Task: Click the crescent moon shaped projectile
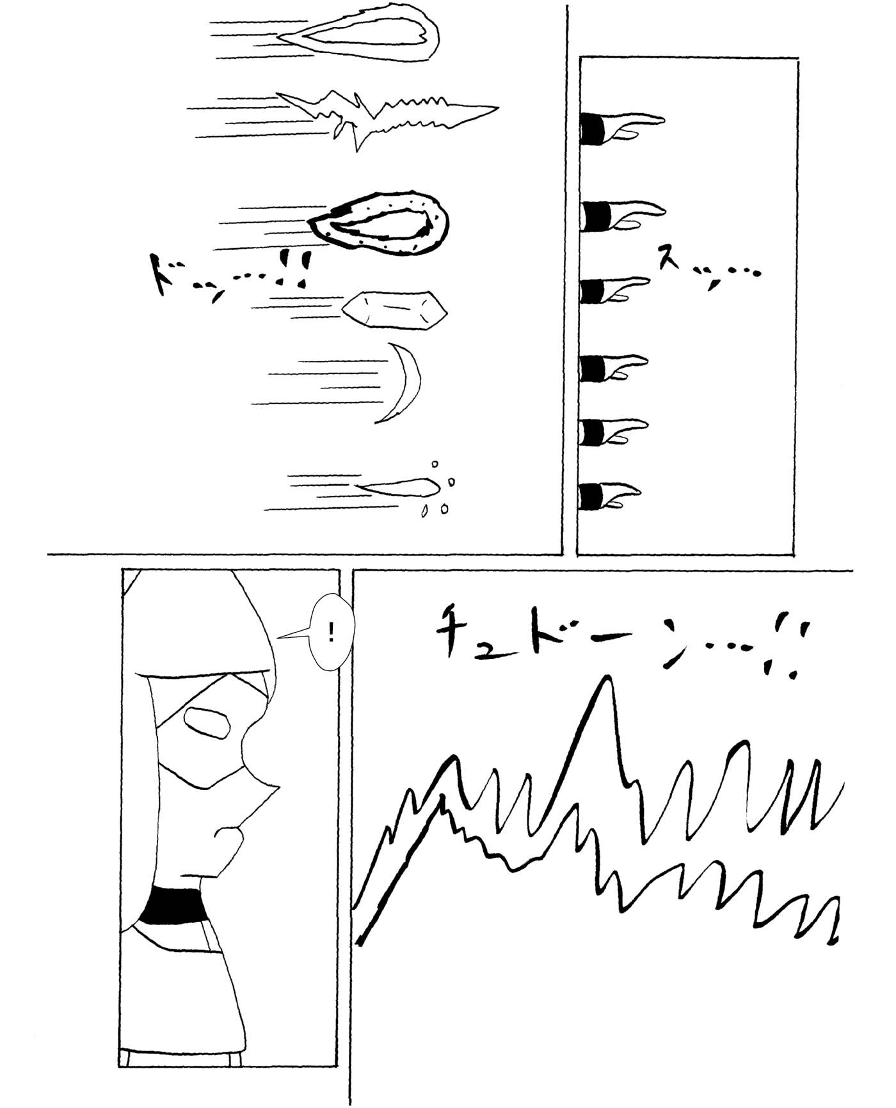(x=410, y=383)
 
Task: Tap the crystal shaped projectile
(x=394, y=310)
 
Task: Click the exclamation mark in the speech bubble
(x=331, y=633)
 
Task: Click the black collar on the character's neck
(x=173, y=906)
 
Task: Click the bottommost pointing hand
(x=609, y=496)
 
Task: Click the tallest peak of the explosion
(x=605, y=679)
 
